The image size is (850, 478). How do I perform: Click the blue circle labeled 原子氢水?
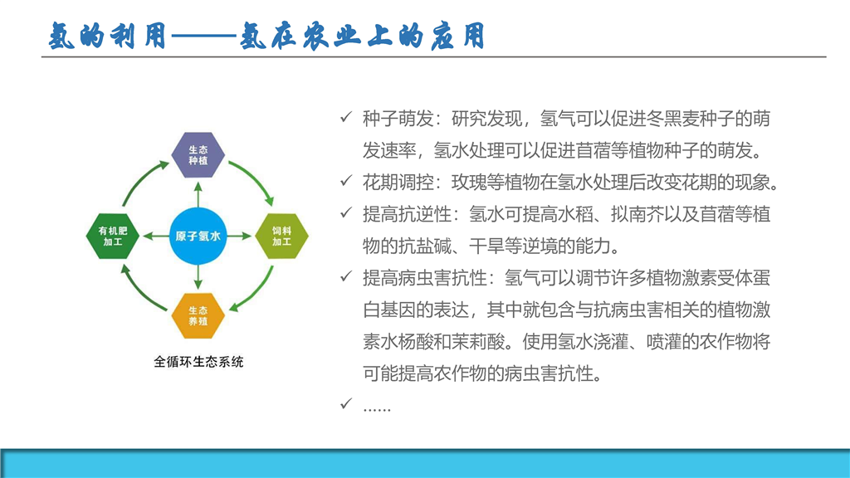pos(198,237)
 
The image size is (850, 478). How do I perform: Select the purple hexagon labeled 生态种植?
pos(198,155)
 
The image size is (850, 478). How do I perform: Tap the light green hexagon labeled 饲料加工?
pos(282,237)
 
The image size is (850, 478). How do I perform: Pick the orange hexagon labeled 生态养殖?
pos(198,316)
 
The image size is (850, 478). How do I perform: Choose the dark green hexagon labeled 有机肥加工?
pos(113,237)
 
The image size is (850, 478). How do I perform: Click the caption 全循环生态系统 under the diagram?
pos(198,362)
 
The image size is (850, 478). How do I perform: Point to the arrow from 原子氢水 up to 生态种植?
pos(198,194)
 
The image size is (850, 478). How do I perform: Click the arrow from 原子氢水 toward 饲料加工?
pos(240,237)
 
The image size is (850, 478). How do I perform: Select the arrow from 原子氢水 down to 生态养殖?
pos(198,277)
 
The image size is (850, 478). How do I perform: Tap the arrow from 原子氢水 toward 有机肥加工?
pos(156,237)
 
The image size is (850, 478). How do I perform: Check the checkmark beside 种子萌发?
pos(346,117)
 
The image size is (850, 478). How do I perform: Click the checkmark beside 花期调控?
pos(346,181)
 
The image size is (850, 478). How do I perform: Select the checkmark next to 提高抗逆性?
pos(346,213)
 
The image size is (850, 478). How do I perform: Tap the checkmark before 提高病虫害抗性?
pos(346,277)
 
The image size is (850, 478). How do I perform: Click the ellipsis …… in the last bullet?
pos(377,410)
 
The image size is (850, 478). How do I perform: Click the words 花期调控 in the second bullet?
pos(398,183)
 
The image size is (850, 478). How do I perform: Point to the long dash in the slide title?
pos(204,37)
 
